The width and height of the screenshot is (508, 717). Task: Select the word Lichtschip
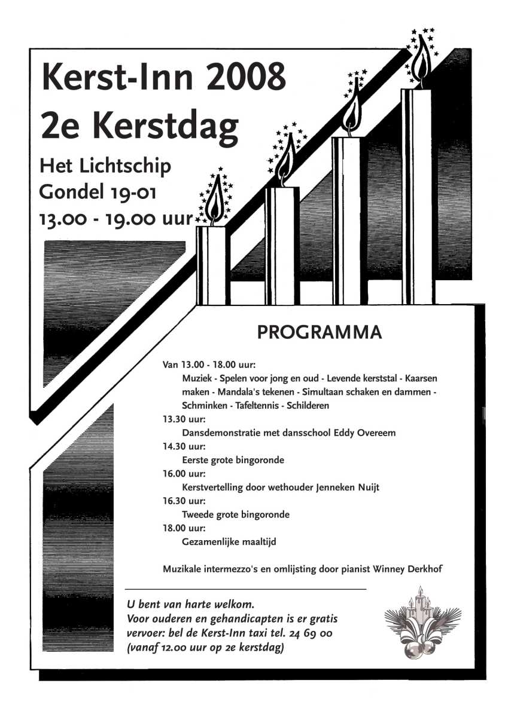click(132, 166)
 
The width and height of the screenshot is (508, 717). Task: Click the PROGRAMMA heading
click(319, 332)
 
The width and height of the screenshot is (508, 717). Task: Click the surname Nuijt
click(366, 487)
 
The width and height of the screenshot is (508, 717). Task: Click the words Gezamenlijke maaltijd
click(228, 542)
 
